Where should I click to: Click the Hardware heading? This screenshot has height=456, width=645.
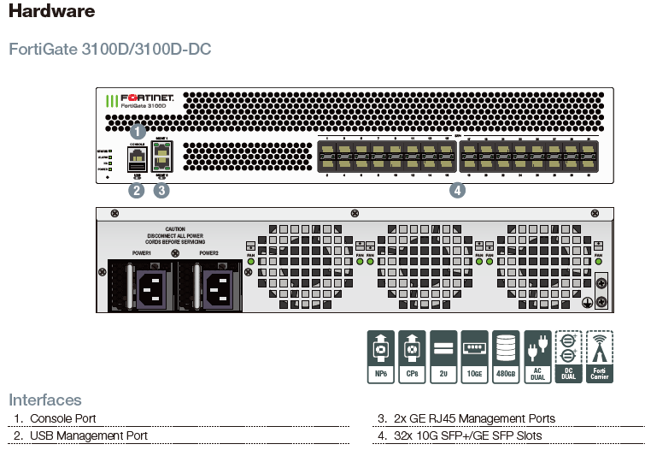pyautogui.click(x=51, y=12)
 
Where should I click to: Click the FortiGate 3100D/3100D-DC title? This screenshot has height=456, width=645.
pyautogui.click(x=109, y=49)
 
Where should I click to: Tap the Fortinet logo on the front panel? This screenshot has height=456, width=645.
pyautogui.click(x=141, y=100)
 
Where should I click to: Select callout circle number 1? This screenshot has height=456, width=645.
pyautogui.click(x=138, y=132)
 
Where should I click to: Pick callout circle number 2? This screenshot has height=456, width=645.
pyautogui.click(x=136, y=191)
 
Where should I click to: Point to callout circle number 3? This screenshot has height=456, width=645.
pyautogui.click(x=161, y=191)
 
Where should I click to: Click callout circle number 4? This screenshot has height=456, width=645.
pyautogui.click(x=458, y=191)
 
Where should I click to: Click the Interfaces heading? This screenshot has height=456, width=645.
pyautogui.click(x=45, y=400)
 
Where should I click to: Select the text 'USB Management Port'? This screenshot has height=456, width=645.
pyautogui.click(x=89, y=435)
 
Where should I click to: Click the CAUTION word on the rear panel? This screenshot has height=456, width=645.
pyautogui.click(x=175, y=229)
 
